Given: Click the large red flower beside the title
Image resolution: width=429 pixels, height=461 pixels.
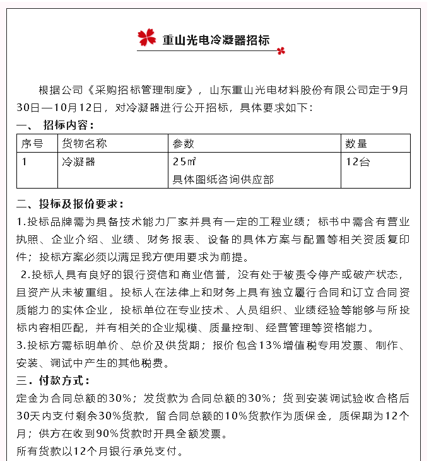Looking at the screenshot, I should coord(146,37).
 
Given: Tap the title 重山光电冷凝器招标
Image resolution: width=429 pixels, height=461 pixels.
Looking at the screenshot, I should coord(216,40).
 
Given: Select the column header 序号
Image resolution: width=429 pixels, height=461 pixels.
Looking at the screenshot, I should coord(32,144).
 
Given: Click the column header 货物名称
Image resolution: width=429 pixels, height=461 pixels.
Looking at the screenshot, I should coord(85,144).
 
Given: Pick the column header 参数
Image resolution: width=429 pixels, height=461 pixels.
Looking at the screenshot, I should coord(184,144).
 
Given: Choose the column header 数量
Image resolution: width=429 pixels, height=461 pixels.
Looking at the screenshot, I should coord(356,144).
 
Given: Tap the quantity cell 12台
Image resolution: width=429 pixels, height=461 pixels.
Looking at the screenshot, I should coord(358,161).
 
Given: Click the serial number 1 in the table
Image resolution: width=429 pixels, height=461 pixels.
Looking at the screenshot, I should coord(25,161).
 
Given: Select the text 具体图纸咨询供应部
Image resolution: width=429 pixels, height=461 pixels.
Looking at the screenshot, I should coord(223,179).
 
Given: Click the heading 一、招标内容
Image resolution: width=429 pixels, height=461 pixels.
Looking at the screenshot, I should coord(56,125).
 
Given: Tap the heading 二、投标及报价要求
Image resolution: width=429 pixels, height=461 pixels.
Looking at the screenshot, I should coord(70,204).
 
